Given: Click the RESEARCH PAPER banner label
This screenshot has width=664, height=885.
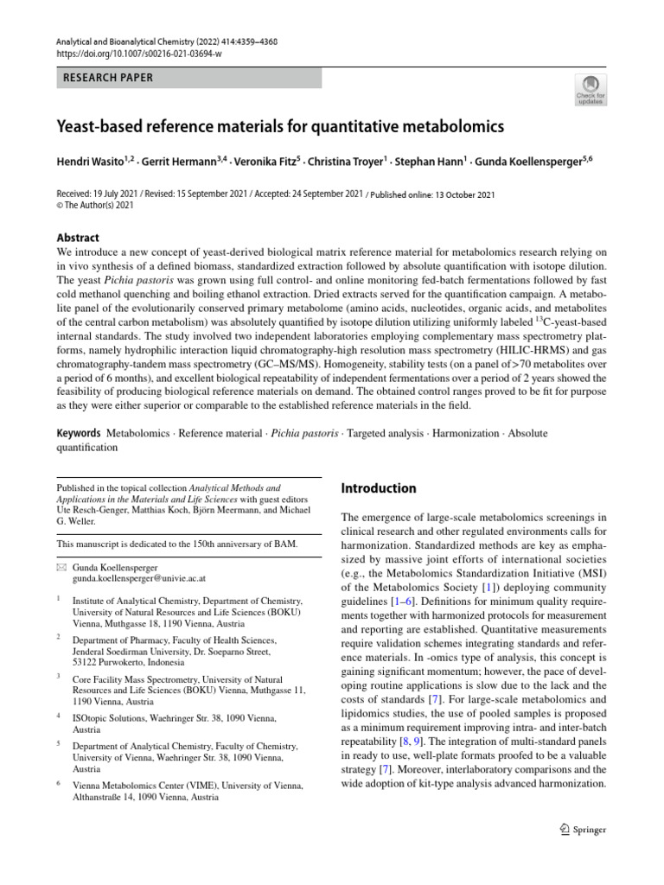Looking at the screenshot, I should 108,78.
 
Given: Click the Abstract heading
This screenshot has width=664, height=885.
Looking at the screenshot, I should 78,238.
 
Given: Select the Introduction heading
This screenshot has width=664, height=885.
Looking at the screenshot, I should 379,488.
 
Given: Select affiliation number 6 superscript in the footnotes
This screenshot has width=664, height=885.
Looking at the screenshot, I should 59,783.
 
